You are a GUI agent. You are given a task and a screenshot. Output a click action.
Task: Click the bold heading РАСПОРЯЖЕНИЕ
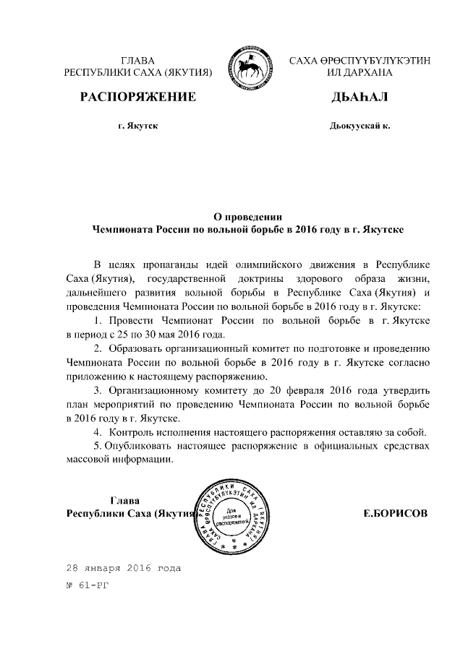(137, 97)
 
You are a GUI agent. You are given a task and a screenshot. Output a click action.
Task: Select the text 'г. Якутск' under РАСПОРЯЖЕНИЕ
(137, 126)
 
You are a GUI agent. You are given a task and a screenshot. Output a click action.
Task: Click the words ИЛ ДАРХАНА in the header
(360, 73)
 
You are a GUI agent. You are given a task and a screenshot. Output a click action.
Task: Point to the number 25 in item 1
(125, 335)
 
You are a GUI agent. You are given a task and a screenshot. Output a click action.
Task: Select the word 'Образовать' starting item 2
(137, 348)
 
